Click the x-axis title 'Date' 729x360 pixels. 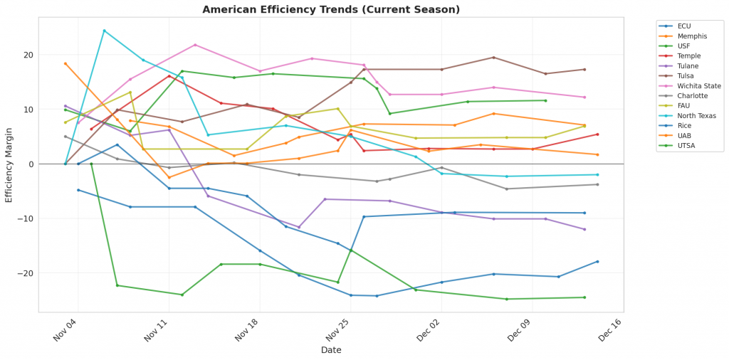[331, 350]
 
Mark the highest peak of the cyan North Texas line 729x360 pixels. [104, 31]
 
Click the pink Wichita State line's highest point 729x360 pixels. [195, 45]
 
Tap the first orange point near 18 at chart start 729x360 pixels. [65, 63]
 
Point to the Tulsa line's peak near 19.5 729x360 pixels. [493, 58]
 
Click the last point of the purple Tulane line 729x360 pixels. [584, 229]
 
